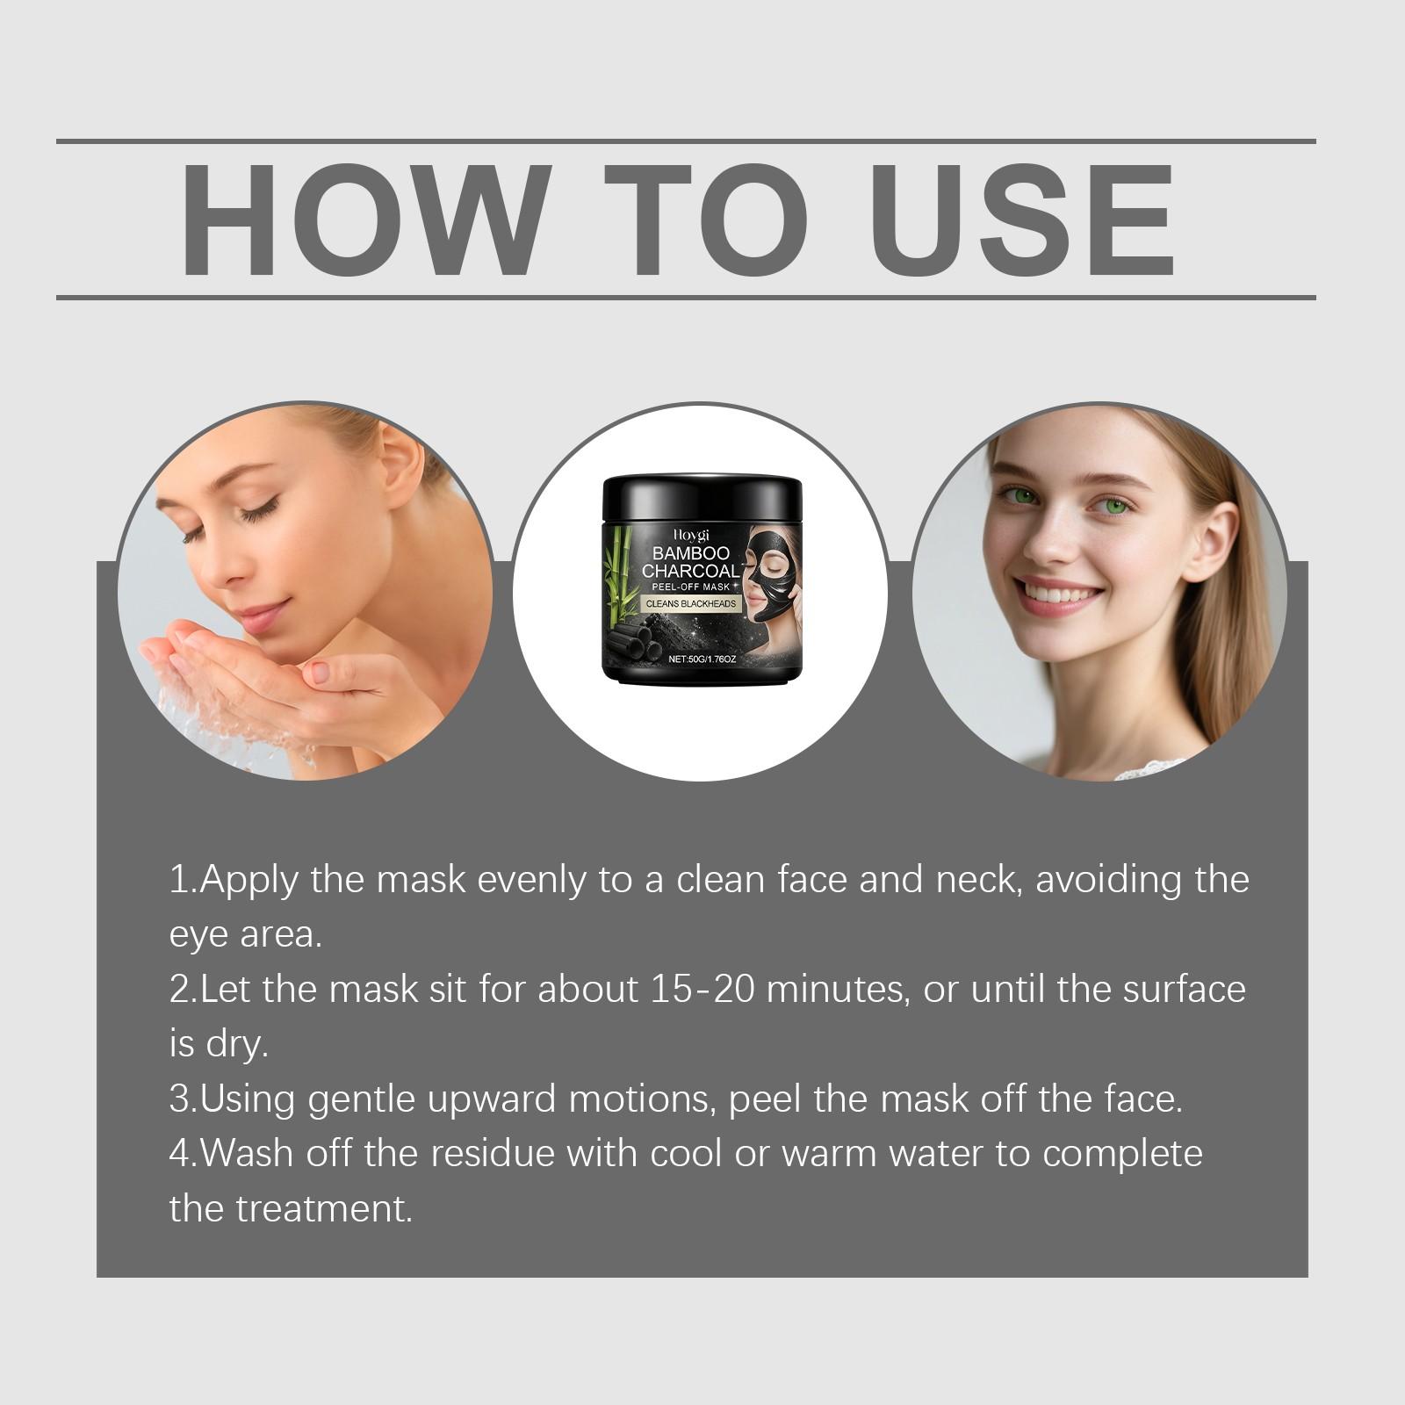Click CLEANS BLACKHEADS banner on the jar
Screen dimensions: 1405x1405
(x=691, y=604)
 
